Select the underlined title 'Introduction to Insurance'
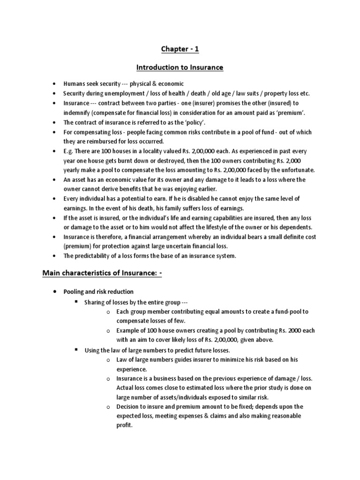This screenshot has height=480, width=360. [180, 68]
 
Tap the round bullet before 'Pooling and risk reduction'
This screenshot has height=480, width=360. [55, 291]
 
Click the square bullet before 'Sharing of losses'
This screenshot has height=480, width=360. [75, 302]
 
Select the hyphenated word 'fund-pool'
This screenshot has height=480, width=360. [280, 312]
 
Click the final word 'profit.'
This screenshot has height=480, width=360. [125, 426]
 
